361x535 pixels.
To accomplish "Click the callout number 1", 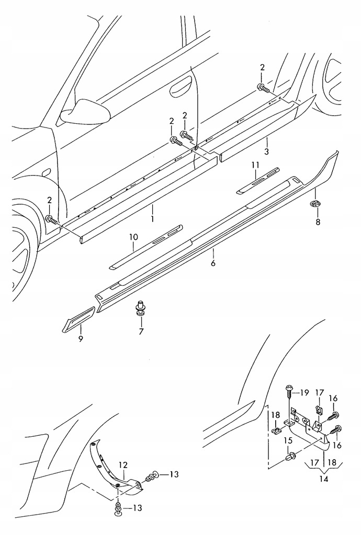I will tap(152, 219).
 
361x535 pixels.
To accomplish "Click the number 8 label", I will tap(318, 222).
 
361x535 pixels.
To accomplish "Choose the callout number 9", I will tap(81, 339).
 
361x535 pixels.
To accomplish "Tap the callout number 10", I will tap(133, 238).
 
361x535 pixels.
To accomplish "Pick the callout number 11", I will tap(255, 165).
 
